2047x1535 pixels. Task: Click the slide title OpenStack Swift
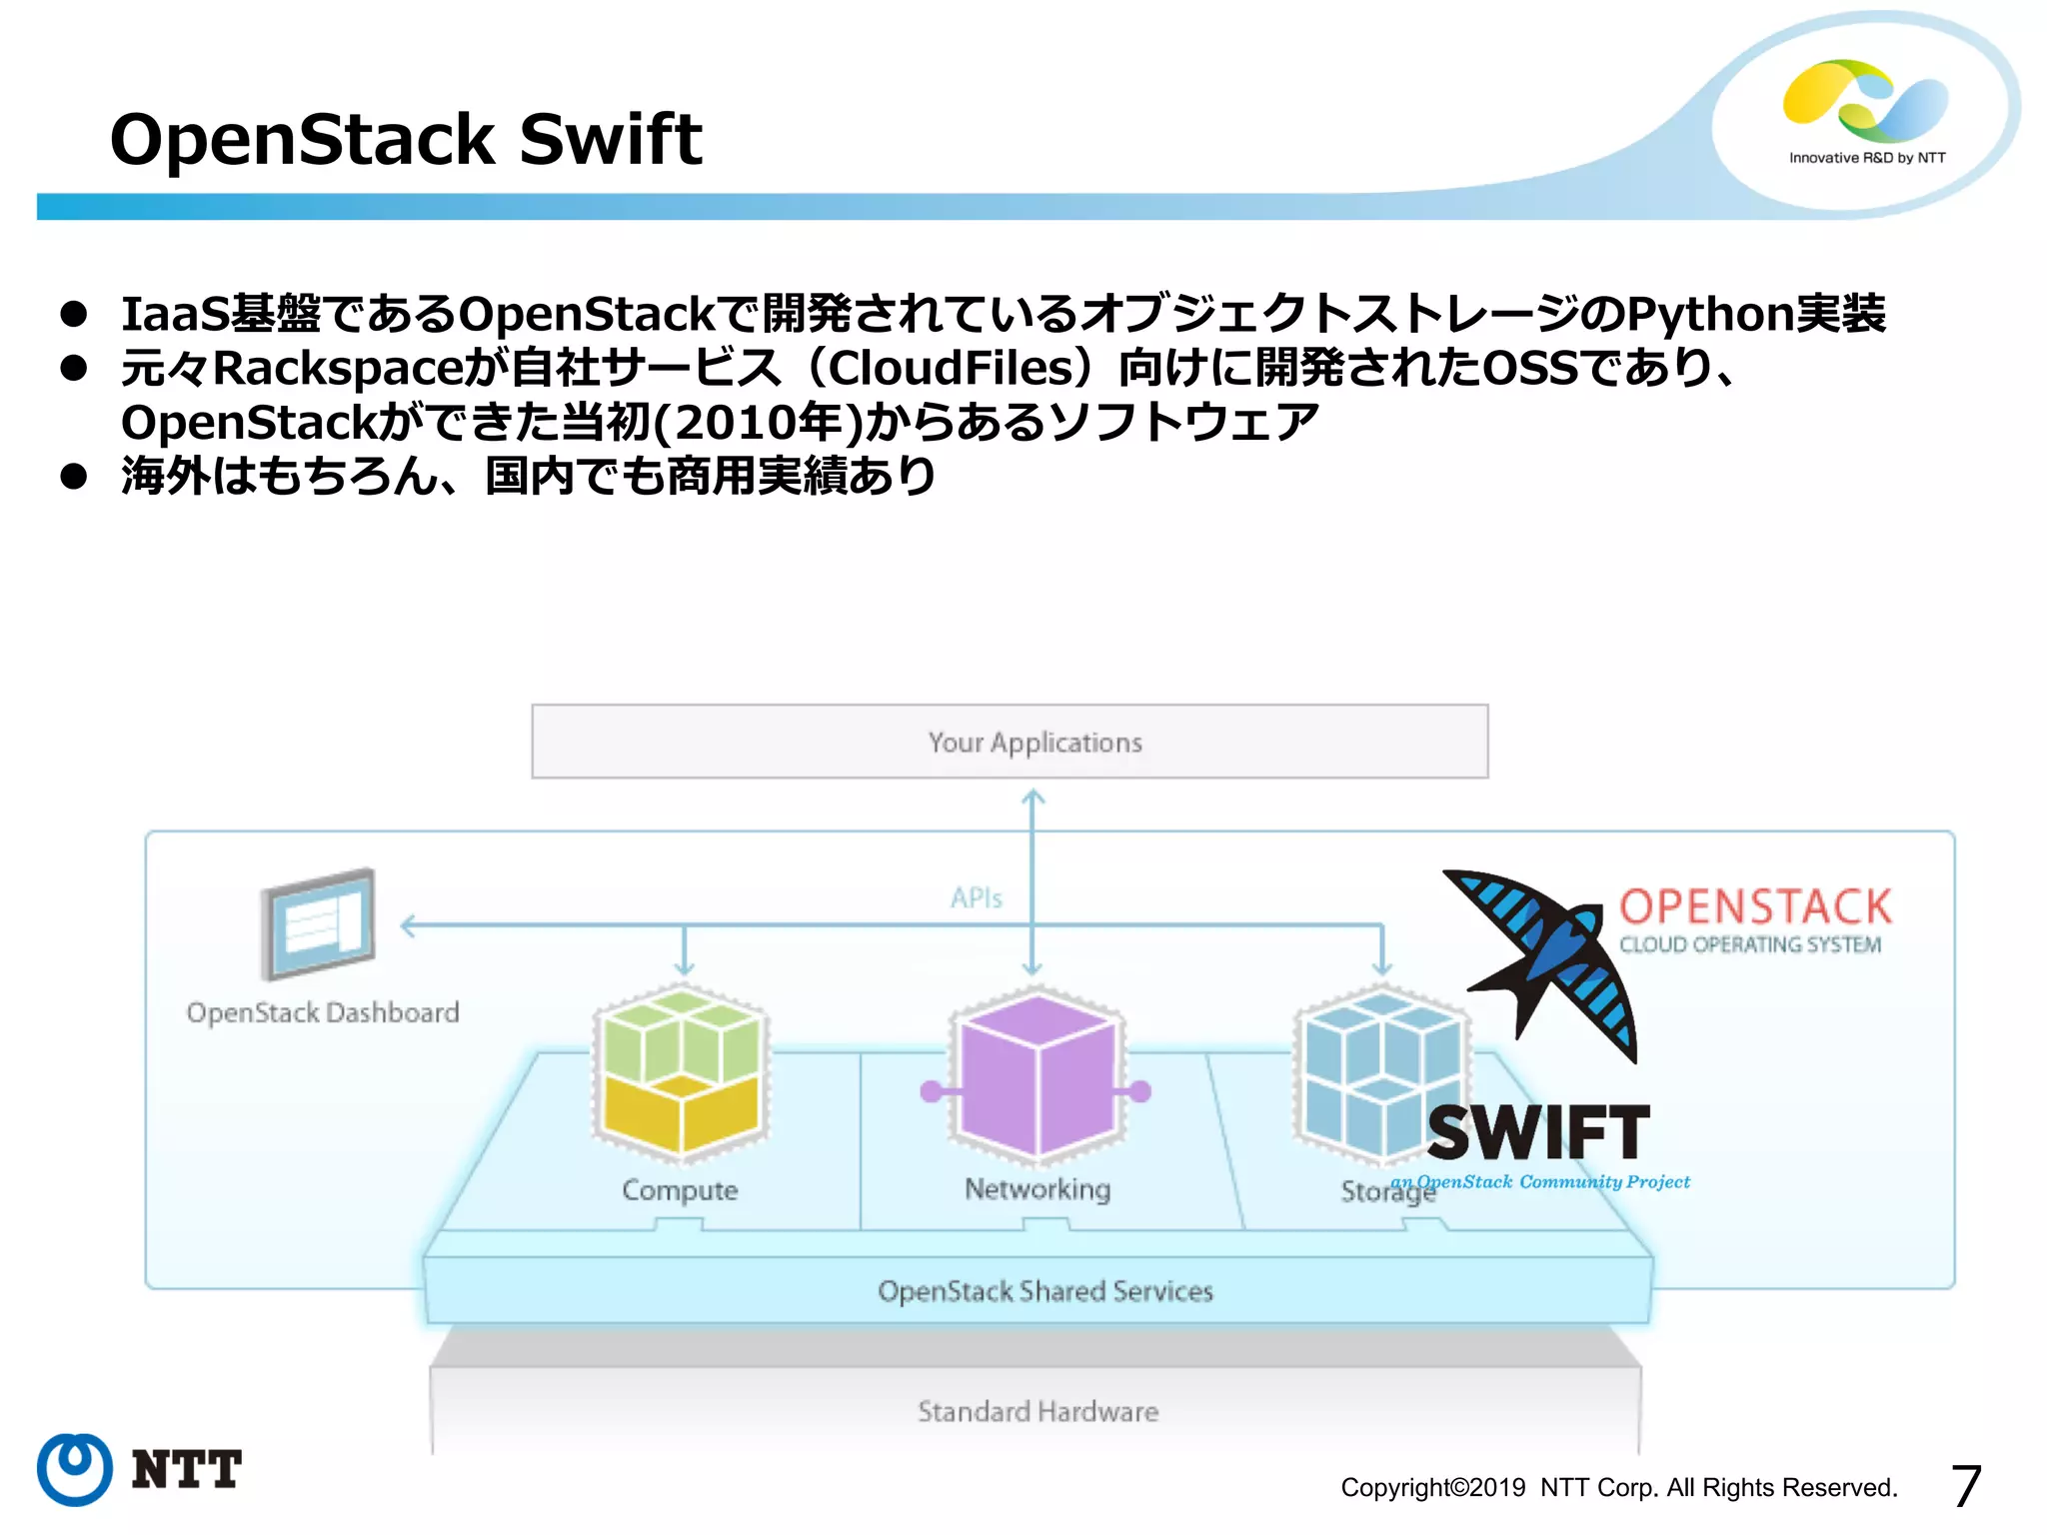pyautogui.click(x=405, y=139)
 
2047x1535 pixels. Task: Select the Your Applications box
pyautogui.click(x=1010, y=742)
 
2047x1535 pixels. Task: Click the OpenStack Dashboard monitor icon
pyautogui.click(x=318, y=924)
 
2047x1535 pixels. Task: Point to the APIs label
pyautogui.click(x=976, y=897)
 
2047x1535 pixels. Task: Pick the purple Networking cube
pyautogui.click(x=1036, y=1074)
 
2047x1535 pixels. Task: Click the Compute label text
pyautogui.click(x=680, y=1190)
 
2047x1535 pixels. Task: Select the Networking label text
pyautogui.click(x=1037, y=1189)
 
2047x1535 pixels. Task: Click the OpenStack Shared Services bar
pyautogui.click(x=1044, y=1291)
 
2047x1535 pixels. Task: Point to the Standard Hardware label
pyautogui.click(x=1037, y=1411)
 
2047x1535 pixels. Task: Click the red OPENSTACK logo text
pyautogui.click(x=1755, y=906)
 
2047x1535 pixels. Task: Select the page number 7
pyautogui.click(x=1965, y=1486)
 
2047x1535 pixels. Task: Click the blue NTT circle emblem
pyautogui.click(x=74, y=1469)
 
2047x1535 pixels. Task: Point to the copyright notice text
pyautogui.click(x=1618, y=1488)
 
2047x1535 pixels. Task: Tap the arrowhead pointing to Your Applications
pyautogui.click(x=1032, y=797)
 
